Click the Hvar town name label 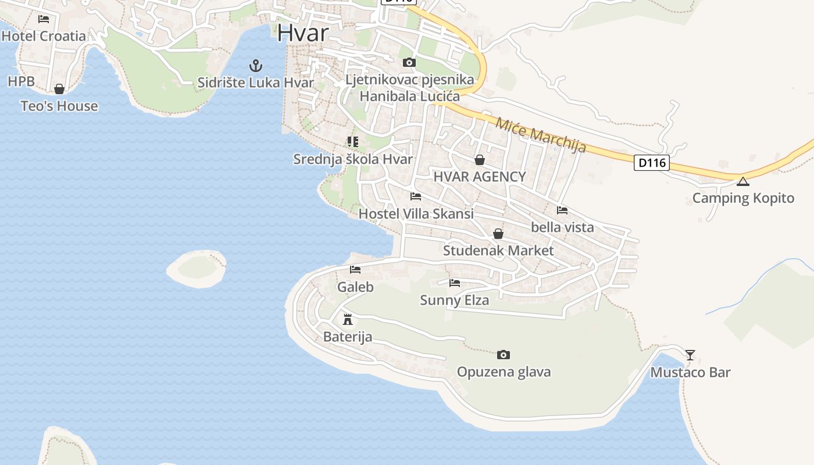[303, 33]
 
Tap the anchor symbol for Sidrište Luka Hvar [256, 65]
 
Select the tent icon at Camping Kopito [742, 181]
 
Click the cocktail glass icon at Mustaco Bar [690, 355]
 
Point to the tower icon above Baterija [348, 319]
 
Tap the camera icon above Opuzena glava [504, 355]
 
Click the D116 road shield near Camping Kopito [651, 163]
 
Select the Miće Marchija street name [541, 135]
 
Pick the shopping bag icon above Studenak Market [498, 234]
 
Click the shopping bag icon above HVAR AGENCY [480, 159]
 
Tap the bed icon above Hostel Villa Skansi [416, 196]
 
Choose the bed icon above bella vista [562, 210]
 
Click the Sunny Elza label [454, 300]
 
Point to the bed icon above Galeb [355, 270]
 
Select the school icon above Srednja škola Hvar [352, 141]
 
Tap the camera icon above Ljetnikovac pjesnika [409, 62]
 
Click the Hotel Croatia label [44, 36]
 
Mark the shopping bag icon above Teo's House [59, 89]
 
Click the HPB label [21, 81]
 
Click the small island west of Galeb [197, 269]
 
